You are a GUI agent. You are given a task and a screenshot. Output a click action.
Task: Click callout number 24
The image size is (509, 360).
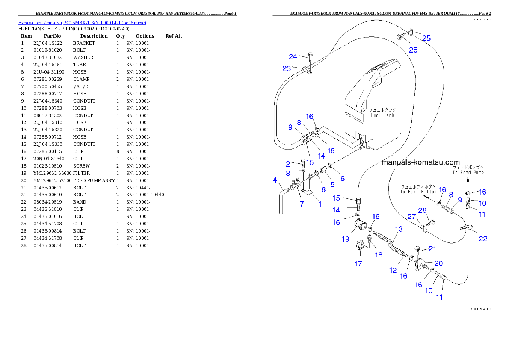293,56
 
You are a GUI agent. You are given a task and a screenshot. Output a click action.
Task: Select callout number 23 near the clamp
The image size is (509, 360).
287,68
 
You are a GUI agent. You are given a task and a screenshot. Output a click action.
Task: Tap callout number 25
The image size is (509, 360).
426,38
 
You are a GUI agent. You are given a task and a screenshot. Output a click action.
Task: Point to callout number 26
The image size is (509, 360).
413,50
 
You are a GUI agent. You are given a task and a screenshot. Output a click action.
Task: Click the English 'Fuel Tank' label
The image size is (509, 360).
382,115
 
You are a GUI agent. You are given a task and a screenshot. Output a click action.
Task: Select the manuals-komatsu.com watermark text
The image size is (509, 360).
420,162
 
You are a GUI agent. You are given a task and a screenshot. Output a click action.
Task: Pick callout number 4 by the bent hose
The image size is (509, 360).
275,180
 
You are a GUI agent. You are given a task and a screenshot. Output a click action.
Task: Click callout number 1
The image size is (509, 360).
319,204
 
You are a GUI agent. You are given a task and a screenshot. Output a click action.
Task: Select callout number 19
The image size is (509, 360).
346,239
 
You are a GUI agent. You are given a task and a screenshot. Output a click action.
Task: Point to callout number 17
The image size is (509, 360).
358,264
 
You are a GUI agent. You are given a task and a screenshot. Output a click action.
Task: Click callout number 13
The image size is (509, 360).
399,229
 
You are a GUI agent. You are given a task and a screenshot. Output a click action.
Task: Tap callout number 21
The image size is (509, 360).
432,249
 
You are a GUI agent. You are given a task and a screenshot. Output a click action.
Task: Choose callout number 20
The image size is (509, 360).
438,263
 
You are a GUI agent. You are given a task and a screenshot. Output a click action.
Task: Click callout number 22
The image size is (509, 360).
483,239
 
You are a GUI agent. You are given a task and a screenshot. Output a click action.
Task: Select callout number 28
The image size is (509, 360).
423,210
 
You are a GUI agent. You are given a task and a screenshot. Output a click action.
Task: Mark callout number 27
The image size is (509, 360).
411,217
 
